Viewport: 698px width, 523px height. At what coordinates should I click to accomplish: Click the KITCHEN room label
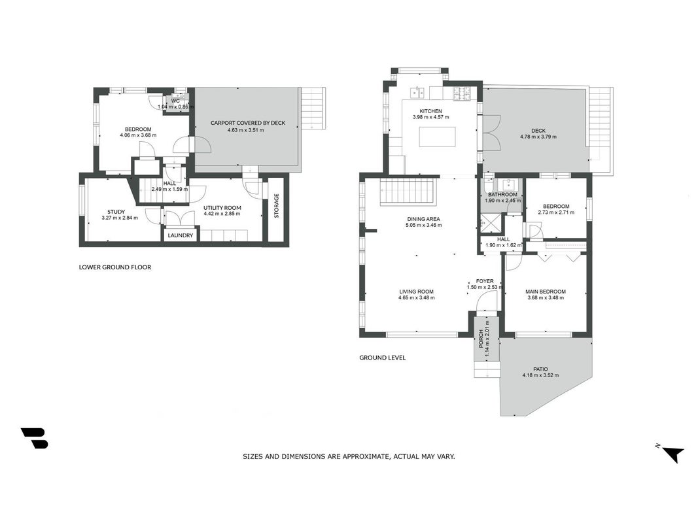[x=431, y=111]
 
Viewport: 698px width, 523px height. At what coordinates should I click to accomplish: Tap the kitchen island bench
[x=437, y=137]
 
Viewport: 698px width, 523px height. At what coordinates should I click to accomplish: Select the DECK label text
[x=538, y=131]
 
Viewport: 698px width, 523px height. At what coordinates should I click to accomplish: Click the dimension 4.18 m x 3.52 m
[x=540, y=375]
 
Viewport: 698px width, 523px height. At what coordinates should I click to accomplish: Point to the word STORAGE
[x=277, y=205]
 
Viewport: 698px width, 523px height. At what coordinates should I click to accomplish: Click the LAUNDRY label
[x=181, y=235]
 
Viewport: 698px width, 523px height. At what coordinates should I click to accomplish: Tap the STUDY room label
[x=116, y=212]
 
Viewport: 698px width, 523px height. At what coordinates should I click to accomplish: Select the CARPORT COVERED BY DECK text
[x=248, y=123]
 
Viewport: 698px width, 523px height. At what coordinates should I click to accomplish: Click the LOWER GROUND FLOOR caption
[x=115, y=267]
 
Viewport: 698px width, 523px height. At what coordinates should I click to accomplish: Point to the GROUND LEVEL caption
[x=383, y=358]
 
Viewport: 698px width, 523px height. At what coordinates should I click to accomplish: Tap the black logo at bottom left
[x=34, y=438]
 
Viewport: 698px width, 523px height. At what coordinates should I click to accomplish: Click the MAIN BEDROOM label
[x=546, y=292]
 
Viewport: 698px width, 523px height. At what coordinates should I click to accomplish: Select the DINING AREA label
[x=423, y=219]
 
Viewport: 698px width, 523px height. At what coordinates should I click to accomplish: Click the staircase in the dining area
[x=408, y=192]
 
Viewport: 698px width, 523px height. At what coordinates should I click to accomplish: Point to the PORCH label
[x=481, y=339]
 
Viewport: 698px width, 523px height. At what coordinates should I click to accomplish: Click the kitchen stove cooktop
[x=462, y=93]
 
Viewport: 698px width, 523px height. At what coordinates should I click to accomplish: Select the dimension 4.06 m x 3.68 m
[x=138, y=135]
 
